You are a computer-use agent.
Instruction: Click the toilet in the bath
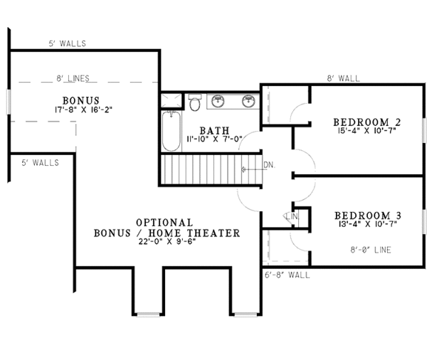[x=194, y=102]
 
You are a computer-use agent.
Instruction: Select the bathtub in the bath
[x=172, y=131]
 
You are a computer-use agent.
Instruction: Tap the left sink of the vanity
[x=218, y=101]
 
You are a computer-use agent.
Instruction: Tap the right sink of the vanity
[x=248, y=101]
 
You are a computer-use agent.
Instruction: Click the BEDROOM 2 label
[x=367, y=122]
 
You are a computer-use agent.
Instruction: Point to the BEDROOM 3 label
[x=368, y=216]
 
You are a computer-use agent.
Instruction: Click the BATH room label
[x=215, y=130]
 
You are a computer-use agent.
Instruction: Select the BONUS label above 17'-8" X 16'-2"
[x=81, y=100]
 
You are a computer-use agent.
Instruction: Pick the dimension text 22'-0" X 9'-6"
[x=167, y=242]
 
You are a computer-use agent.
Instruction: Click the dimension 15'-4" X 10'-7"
[x=367, y=130]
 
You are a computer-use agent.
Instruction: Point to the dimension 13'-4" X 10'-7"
[x=367, y=224]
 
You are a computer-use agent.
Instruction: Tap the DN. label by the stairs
[x=269, y=165]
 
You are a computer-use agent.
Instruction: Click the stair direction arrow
[x=254, y=169]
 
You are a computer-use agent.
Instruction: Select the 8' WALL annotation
[x=343, y=78]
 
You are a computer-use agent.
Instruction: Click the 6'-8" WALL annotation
[x=288, y=275]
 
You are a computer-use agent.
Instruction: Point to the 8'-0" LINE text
[x=371, y=250]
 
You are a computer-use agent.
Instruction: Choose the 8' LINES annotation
[x=73, y=78]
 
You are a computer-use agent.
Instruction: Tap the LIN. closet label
[x=292, y=217]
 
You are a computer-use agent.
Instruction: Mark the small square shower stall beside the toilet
[x=171, y=100]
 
